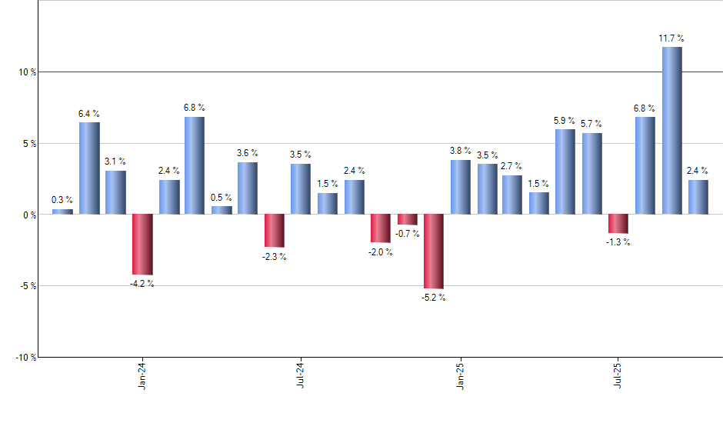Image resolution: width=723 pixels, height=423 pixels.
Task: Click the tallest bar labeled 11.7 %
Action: [671, 130]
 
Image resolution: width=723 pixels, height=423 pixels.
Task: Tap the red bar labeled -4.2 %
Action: [142, 244]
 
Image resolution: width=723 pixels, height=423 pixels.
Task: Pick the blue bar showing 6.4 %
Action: [89, 168]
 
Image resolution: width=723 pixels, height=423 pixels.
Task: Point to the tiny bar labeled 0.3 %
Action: [62, 211]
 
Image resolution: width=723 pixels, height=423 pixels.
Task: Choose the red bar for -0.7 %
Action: [407, 219]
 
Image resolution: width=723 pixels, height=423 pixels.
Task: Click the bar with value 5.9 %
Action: [565, 172]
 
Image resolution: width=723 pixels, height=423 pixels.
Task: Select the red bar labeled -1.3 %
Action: [618, 223]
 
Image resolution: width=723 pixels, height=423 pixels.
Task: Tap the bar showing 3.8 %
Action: [460, 187]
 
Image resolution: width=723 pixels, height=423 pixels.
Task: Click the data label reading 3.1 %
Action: [115, 162]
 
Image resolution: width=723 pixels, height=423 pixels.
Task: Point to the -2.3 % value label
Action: [275, 257]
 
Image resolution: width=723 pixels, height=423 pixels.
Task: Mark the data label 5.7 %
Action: [591, 124]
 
